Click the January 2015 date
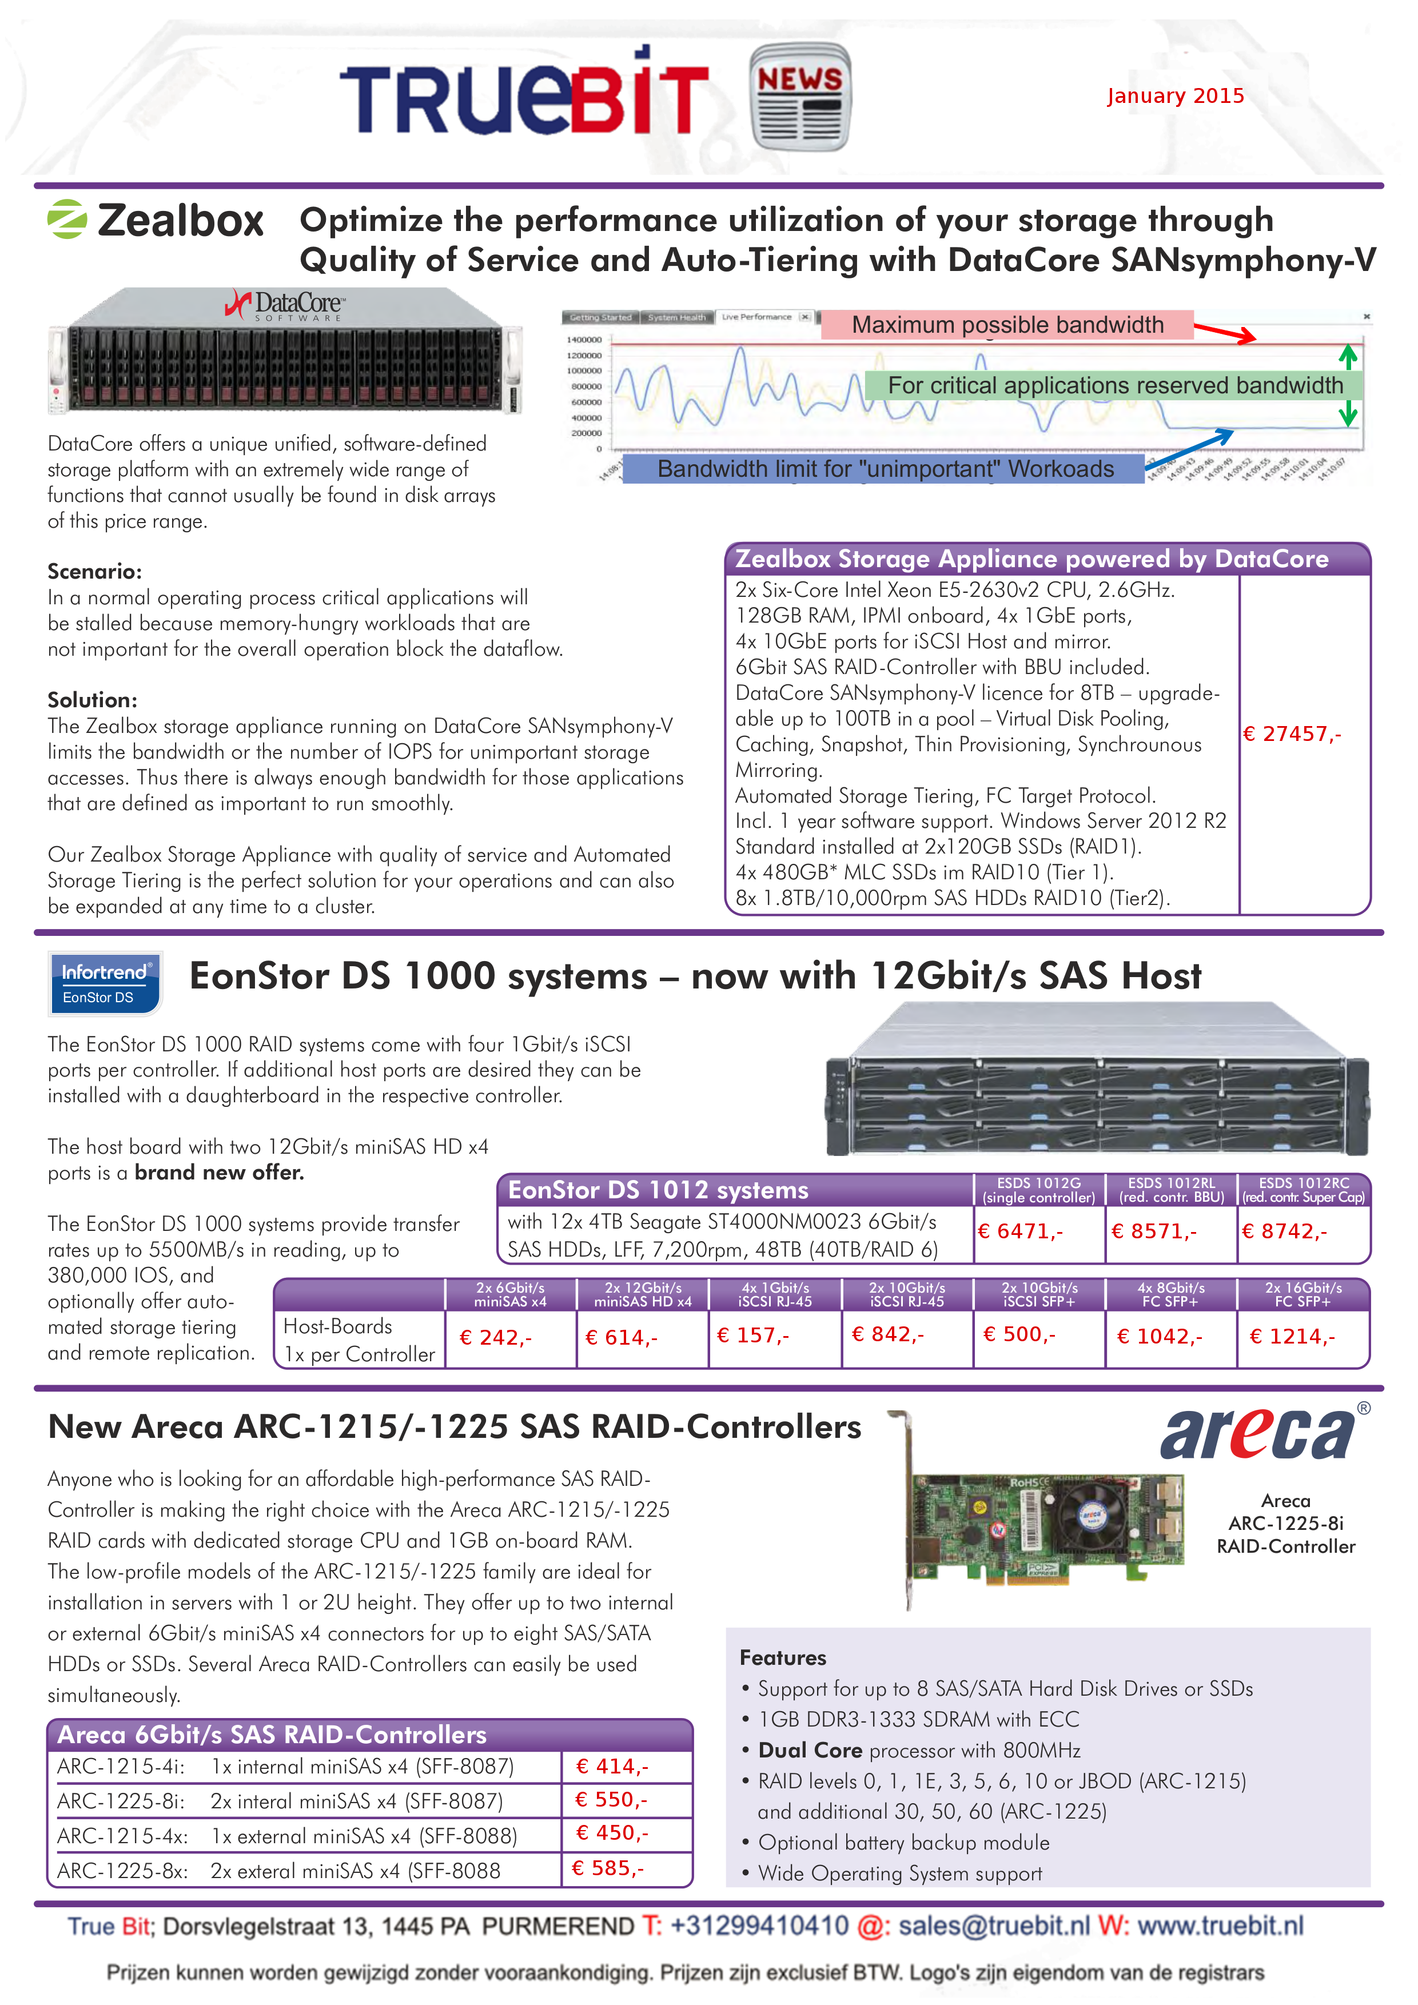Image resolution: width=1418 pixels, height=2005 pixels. point(1175,96)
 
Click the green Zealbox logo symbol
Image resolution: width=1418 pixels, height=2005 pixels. point(67,219)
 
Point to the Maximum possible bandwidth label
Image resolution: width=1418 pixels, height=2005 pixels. point(1007,325)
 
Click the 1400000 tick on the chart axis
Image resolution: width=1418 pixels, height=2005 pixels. point(584,340)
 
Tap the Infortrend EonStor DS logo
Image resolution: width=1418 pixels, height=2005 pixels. point(105,983)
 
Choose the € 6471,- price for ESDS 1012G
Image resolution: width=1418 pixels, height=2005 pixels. point(1020,1231)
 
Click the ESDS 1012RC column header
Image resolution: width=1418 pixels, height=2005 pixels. point(1304,1189)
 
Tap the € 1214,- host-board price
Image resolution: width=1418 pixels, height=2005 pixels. point(1292,1336)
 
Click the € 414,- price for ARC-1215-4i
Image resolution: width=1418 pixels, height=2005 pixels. point(612,1765)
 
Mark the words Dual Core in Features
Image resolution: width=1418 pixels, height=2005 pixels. point(810,1750)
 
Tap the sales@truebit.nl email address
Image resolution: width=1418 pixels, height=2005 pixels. point(994,1926)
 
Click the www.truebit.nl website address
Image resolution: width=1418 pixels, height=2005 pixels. point(1220,1926)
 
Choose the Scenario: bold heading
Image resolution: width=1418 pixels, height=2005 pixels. point(94,571)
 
